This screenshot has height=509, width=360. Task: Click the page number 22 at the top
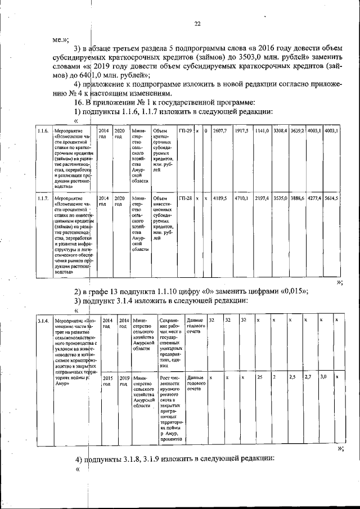(197, 24)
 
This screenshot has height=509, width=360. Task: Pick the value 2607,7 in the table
(219, 131)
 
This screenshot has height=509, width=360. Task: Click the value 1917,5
(242, 131)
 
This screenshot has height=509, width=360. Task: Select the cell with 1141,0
(262, 131)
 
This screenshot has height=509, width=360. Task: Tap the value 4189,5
(219, 199)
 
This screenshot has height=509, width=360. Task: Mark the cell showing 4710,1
(242, 199)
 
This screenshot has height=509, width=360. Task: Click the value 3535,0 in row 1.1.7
(280, 199)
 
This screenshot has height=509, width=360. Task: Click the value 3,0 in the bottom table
(323, 377)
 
